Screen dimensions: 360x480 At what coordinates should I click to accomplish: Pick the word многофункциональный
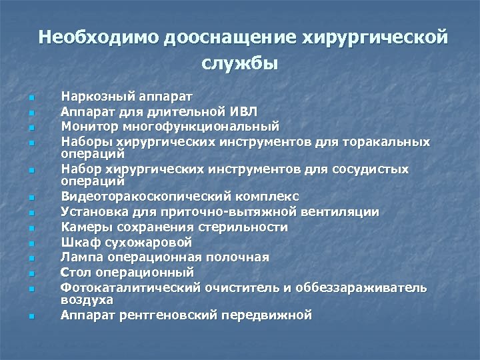tap(201, 125)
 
